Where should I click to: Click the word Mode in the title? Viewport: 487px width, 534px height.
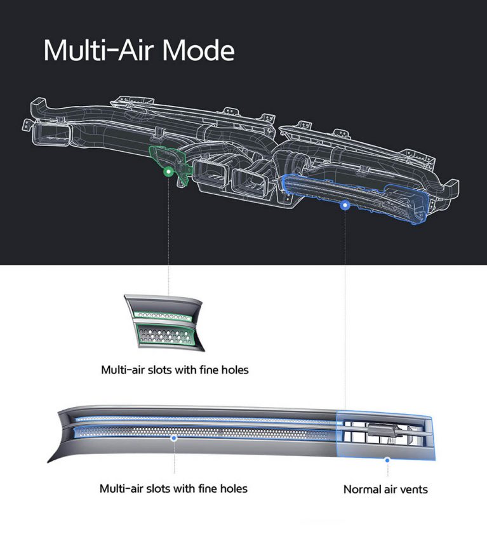(198, 50)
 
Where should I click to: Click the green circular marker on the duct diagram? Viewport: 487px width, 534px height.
(168, 171)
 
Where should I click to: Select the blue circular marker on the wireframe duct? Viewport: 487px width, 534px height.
(345, 205)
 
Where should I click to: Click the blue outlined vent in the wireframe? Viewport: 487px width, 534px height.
(354, 197)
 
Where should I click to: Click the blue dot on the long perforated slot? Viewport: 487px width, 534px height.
(174, 438)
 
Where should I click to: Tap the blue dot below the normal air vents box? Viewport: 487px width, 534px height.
(387, 460)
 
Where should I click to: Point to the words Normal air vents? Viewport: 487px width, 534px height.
(385, 490)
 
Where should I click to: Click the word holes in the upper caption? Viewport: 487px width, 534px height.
(235, 370)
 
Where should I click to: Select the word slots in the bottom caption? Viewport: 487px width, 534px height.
(160, 489)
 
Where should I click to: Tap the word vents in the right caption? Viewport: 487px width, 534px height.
(414, 490)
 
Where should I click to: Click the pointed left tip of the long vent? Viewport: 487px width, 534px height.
(48, 462)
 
